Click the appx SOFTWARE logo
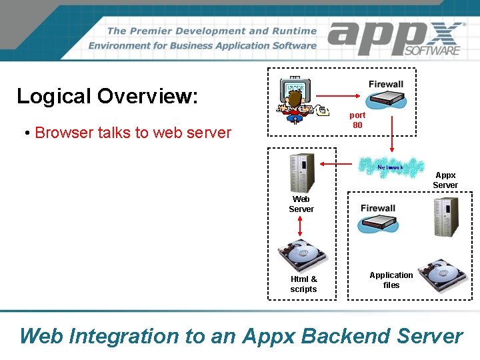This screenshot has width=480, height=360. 396,39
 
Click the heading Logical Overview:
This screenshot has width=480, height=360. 107,96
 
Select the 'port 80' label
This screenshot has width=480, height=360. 357,120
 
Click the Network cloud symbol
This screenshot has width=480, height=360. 391,167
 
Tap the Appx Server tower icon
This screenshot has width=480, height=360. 445,215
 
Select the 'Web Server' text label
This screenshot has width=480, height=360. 301,204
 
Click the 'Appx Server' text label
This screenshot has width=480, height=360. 445,180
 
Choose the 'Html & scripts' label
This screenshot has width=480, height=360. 304,284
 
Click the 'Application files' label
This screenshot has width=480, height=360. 391,280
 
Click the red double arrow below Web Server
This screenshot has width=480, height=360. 301,227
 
